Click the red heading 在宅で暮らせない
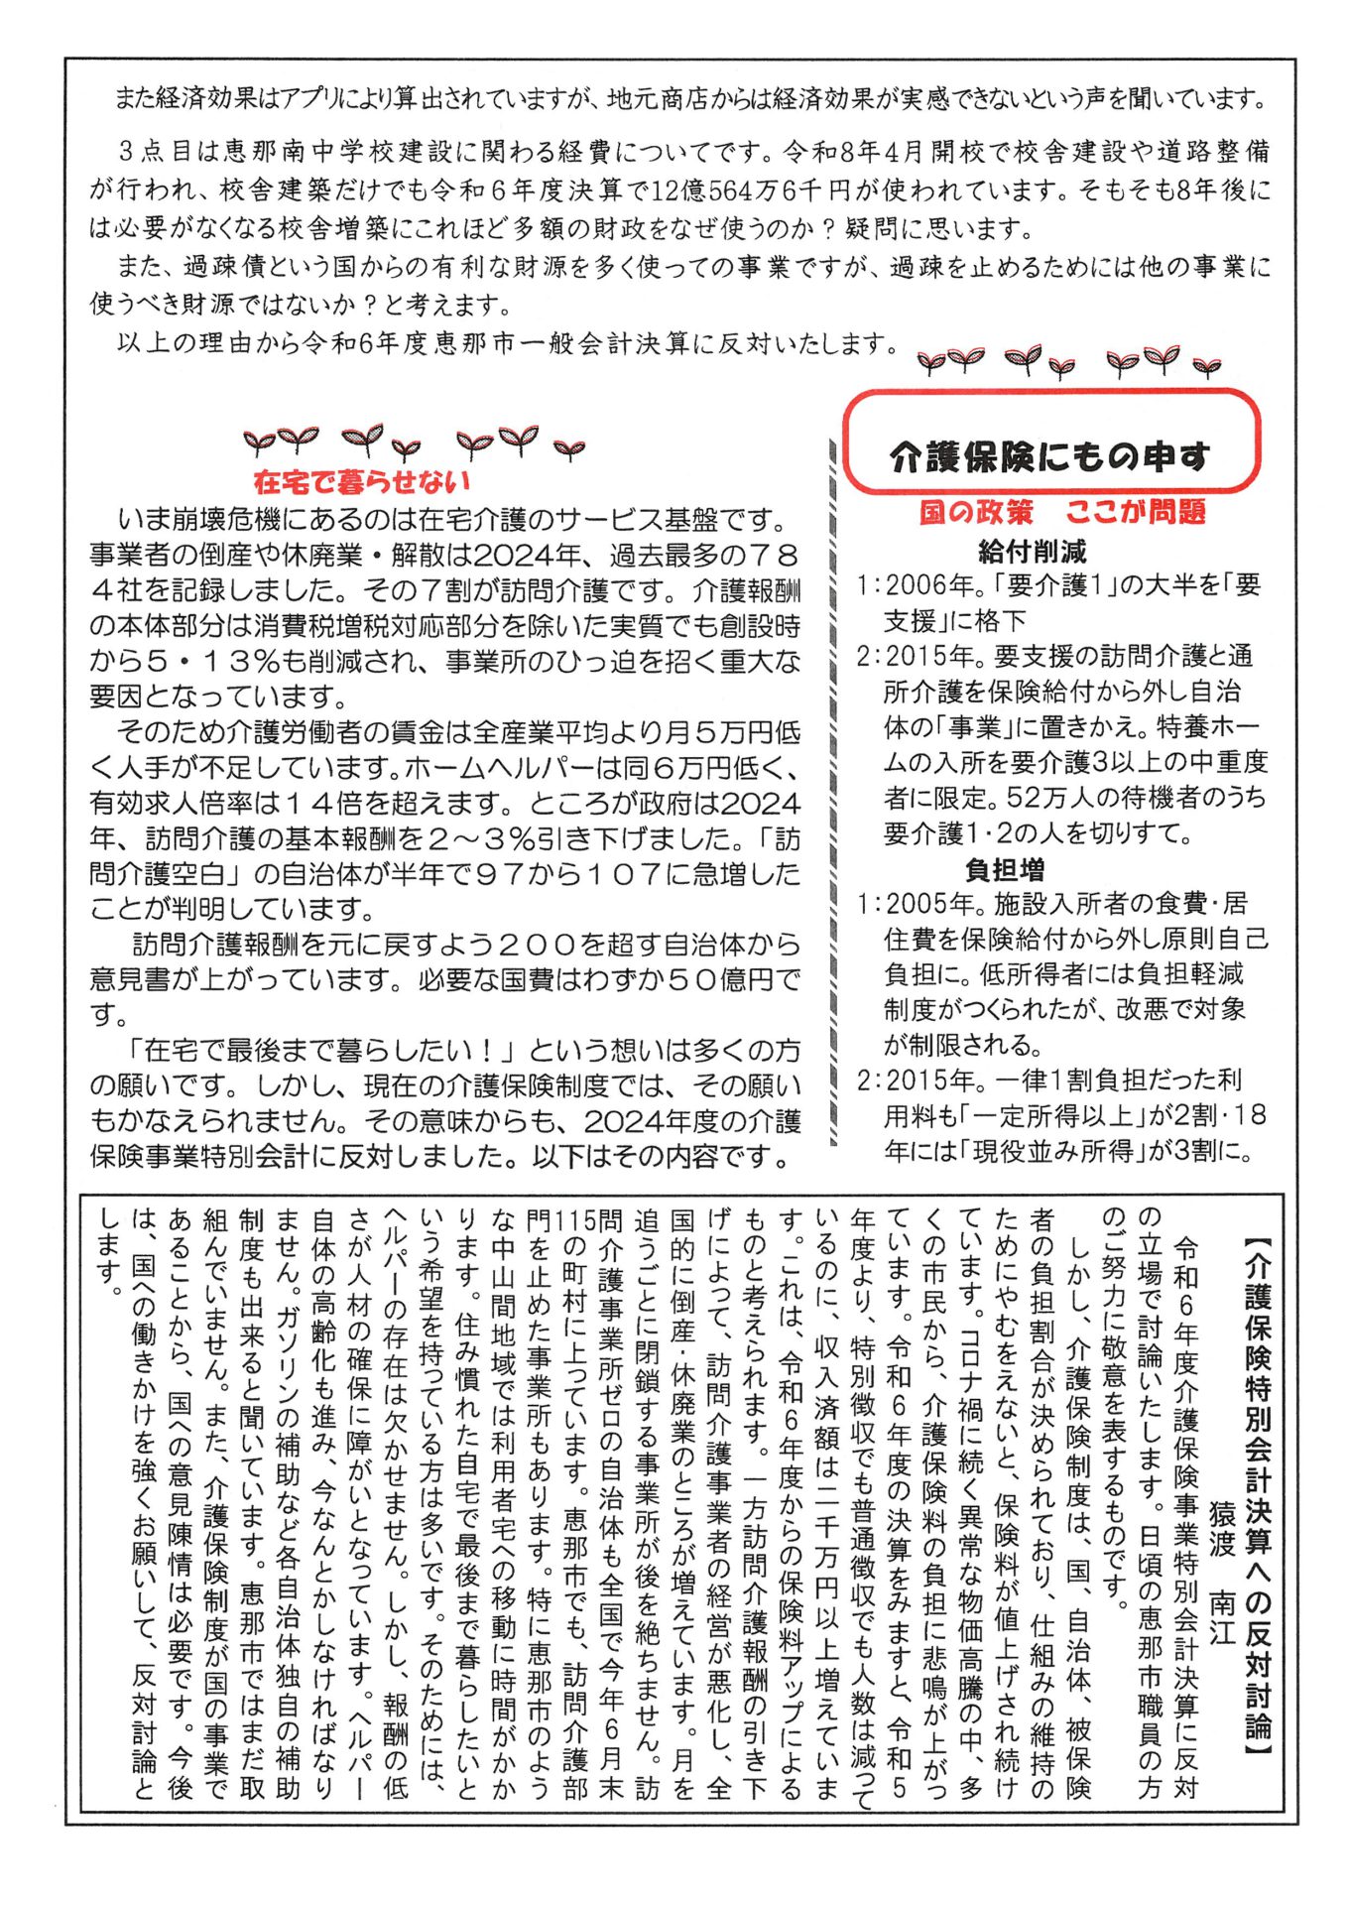click(361, 482)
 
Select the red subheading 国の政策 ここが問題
click(1062, 512)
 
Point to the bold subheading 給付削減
click(1032, 551)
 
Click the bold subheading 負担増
click(1005, 870)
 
